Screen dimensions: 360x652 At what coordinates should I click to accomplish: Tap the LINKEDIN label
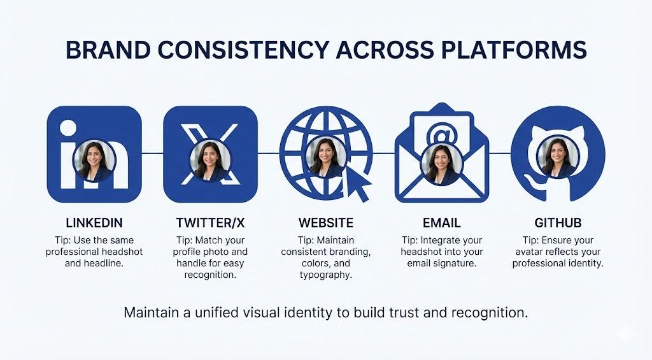[94, 223]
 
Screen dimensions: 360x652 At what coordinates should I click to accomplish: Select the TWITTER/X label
[209, 223]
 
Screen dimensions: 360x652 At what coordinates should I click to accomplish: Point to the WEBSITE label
[326, 223]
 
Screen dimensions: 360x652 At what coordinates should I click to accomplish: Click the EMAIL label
[441, 223]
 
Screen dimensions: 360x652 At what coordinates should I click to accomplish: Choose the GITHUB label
[558, 223]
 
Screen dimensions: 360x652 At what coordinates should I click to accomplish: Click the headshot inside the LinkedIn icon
[94, 159]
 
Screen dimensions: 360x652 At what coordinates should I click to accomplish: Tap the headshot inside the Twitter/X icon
[209, 159]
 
